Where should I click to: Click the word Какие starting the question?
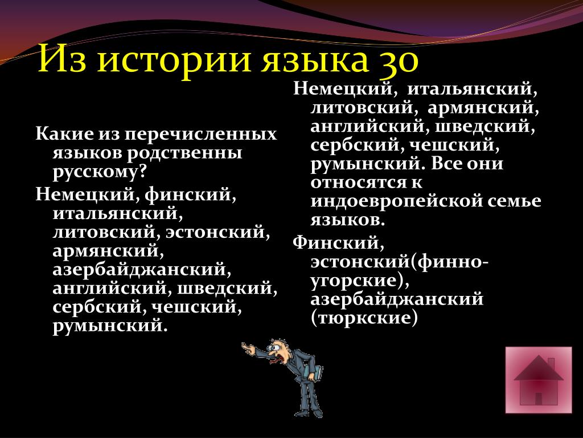click(64, 134)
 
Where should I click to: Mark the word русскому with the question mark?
click(100, 172)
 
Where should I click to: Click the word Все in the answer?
click(452, 164)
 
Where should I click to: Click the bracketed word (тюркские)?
click(364, 318)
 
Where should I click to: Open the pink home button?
click(539, 380)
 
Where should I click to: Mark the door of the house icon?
click(539, 399)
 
